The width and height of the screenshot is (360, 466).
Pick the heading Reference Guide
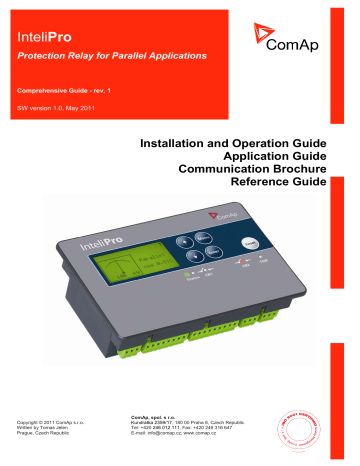tap(291, 187)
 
